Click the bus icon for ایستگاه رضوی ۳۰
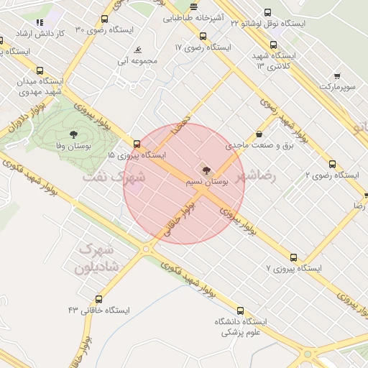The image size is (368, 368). [x=105, y=19]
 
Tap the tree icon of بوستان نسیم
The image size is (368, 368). [x=208, y=170]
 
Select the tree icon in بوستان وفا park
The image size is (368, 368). [x=73, y=134]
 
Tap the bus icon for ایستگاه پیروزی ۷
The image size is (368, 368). [x=293, y=257]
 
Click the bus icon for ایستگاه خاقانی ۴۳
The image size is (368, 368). [x=98, y=299]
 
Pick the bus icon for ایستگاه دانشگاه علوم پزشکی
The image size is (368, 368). [x=240, y=311]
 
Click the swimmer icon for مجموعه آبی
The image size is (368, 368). [x=137, y=51]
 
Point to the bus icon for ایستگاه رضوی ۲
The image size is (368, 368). [x=332, y=164]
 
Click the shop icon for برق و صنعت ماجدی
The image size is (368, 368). [x=259, y=134]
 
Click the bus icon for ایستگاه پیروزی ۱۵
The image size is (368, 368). [x=137, y=144]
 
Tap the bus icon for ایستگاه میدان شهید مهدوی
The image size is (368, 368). [x=40, y=71]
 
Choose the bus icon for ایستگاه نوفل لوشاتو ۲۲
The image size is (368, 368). [x=267, y=13]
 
